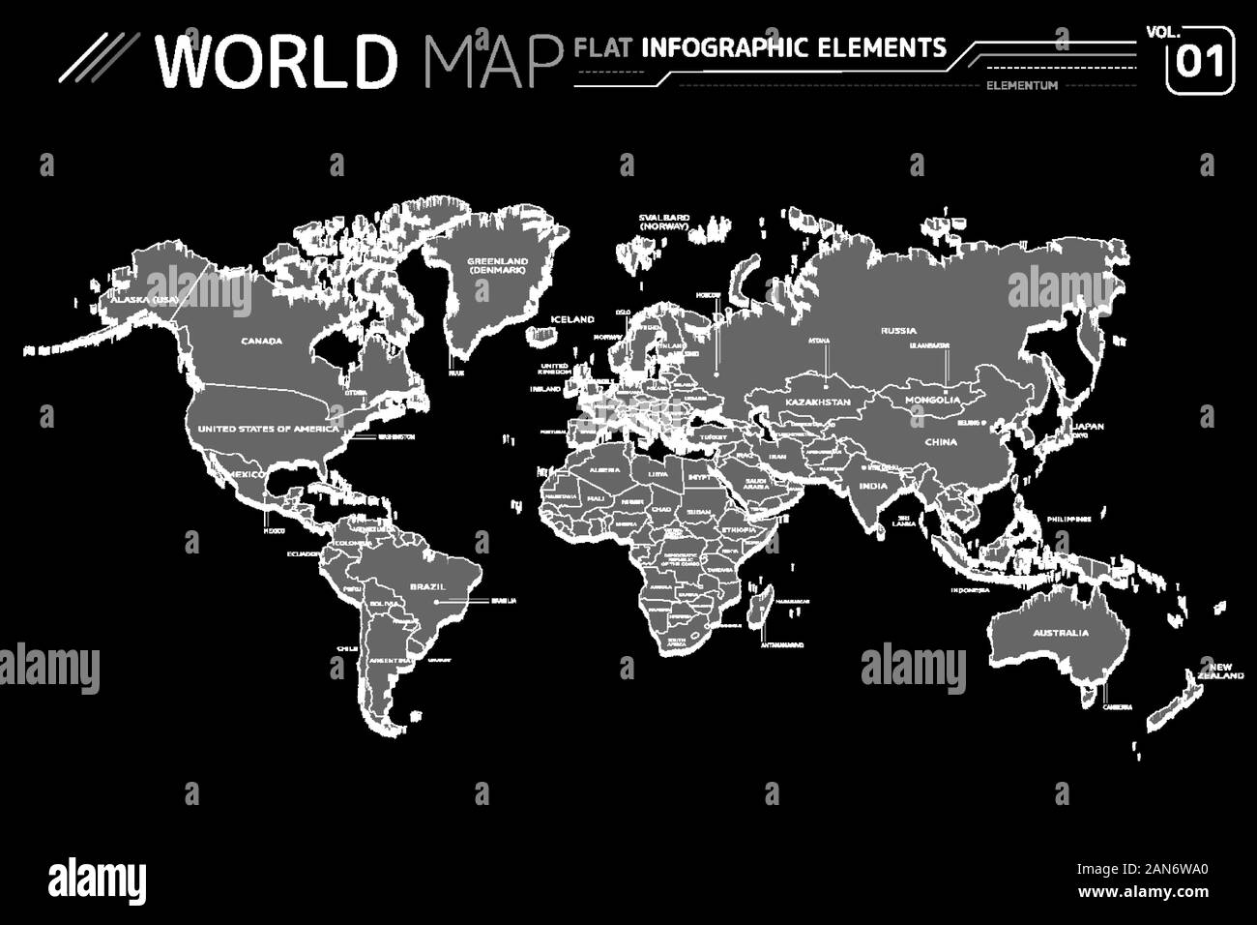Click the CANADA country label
261,341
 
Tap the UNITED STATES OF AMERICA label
268,428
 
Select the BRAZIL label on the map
426,586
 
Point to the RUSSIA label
898,331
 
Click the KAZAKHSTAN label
817,402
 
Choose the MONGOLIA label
932,400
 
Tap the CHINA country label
940,441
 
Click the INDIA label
873,487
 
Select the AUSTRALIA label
1059,633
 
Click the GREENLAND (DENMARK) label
498,265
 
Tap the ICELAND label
571,318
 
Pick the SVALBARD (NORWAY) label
663,222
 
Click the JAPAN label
1088,426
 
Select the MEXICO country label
247,474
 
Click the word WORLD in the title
278,60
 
